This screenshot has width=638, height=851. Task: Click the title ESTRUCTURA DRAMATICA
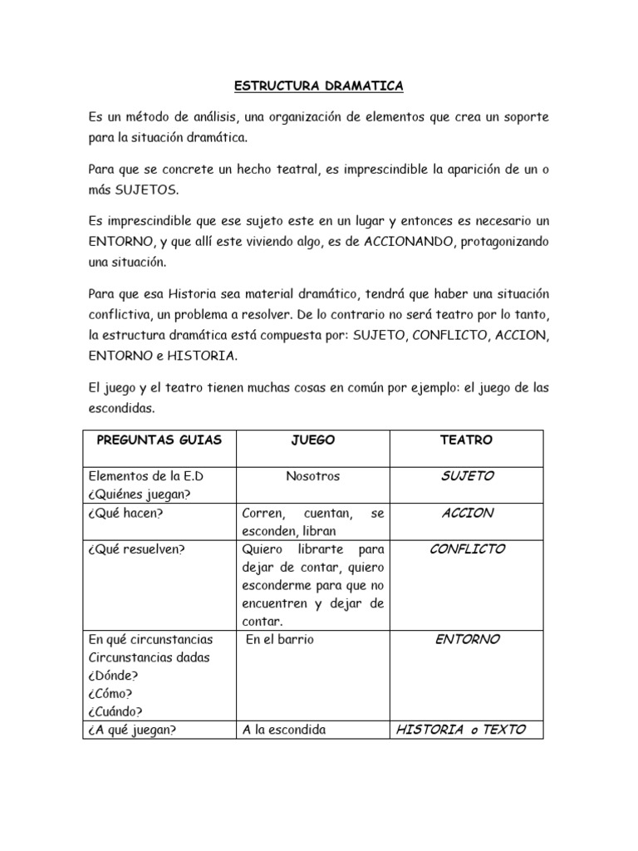pyautogui.click(x=319, y=86)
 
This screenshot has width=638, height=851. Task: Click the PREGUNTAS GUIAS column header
pyautogui.click(x=159, y=440)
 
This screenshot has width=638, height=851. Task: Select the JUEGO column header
pyautogui.click(x=313, y=440)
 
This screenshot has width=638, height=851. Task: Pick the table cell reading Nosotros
pyautogui.click(x=312, y=476)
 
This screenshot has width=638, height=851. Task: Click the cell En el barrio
pyautogui.click(x=279, y=640)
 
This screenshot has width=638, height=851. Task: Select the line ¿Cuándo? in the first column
pyautogui.click(x=115, y=711)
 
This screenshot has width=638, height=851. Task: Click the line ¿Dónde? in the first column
pyautogui.click(x=112, y=676)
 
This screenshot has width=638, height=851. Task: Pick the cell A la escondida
pyautogui.click(x=284, y=730)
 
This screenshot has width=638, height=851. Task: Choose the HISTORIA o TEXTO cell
pyautogui.click(x=460, y=730)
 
